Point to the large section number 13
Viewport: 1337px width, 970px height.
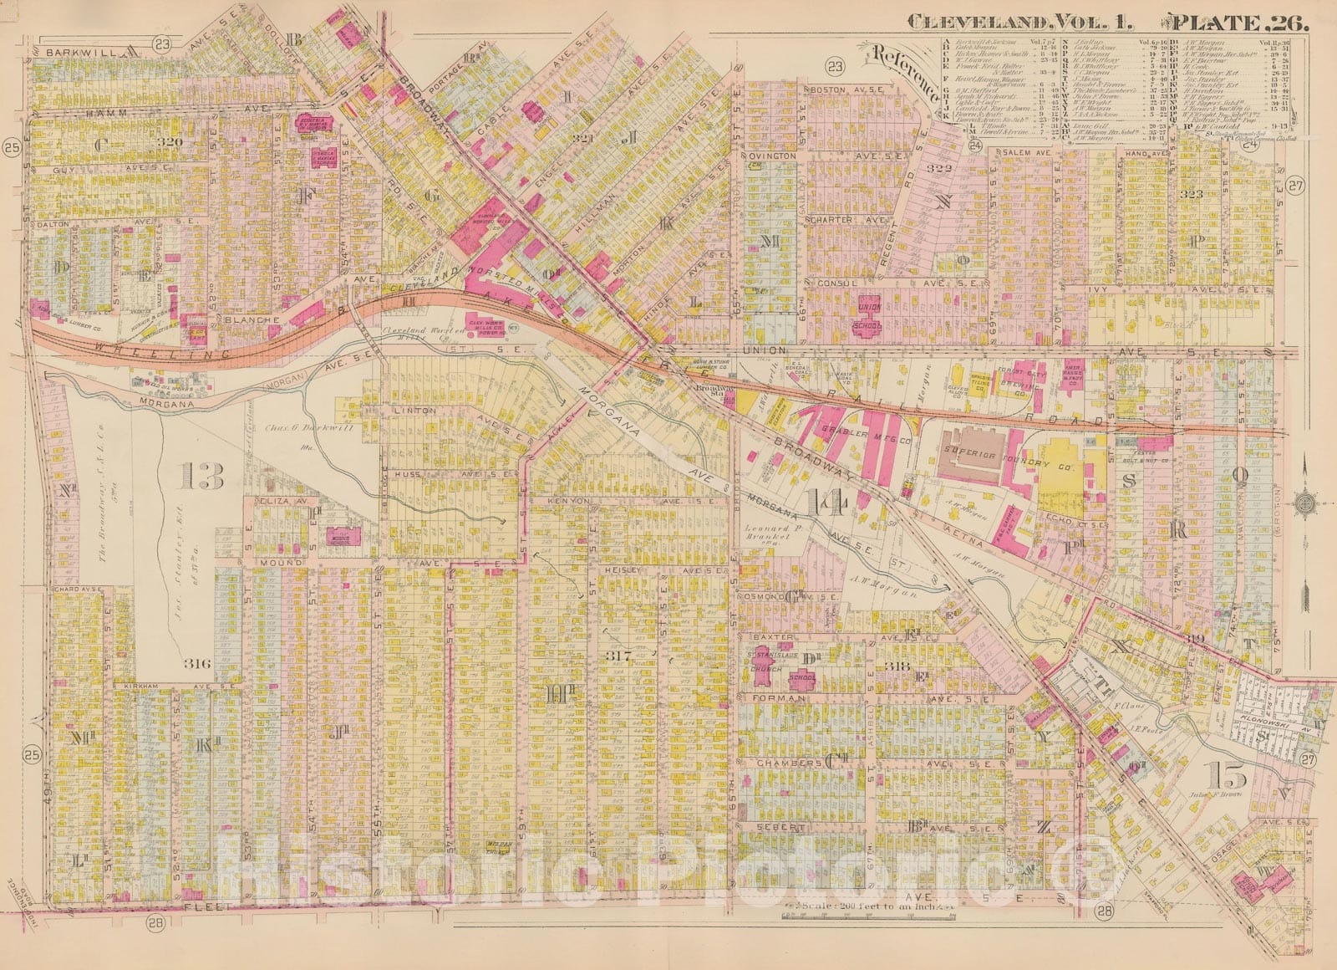201,477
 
